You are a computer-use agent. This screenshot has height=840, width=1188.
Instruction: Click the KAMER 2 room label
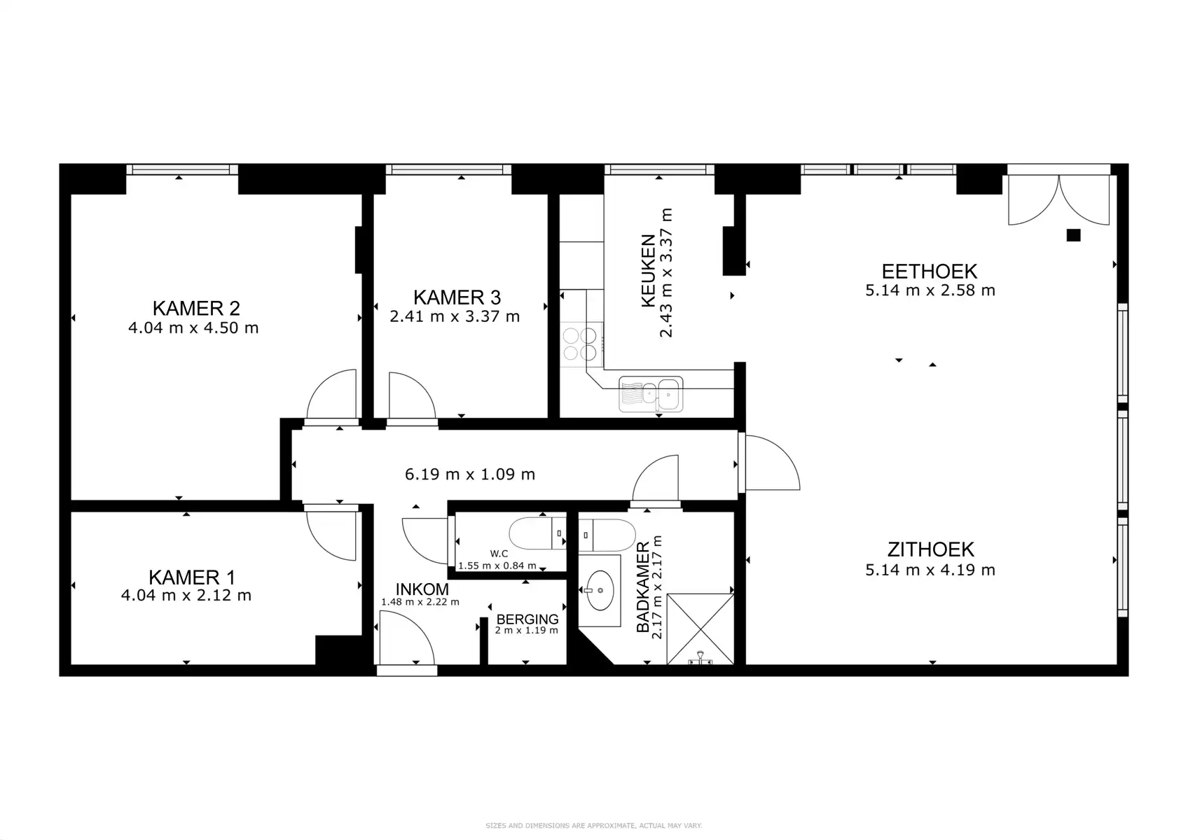point(196,308)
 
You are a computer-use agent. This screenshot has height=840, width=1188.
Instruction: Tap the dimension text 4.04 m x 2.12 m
point(186,596)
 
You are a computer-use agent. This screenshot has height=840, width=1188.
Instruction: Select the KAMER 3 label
point(457,297)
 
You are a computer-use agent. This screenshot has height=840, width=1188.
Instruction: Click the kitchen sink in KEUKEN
point(651,395)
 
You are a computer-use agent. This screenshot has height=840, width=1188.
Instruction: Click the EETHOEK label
point(929,271)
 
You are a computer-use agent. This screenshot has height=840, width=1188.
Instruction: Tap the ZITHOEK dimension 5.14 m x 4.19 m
point(930,570)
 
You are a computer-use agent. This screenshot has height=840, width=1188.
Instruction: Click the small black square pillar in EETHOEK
point(1073,235)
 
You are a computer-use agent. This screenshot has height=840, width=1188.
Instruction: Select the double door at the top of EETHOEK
point(1058,199)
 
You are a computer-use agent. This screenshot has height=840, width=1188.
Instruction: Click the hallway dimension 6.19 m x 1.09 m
point(469,475)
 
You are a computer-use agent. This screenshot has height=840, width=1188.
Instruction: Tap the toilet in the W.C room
point(537,533)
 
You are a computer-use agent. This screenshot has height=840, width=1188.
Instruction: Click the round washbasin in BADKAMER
point(599,589)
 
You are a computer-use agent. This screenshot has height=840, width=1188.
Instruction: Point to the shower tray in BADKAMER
point(700,628)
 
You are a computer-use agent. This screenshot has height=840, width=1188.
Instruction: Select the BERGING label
point(527,619)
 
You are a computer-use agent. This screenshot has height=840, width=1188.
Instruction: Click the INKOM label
point(422,589)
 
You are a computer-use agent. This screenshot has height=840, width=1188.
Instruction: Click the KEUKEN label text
point(648,271)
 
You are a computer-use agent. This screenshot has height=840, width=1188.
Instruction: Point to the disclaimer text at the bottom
point(593,826)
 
